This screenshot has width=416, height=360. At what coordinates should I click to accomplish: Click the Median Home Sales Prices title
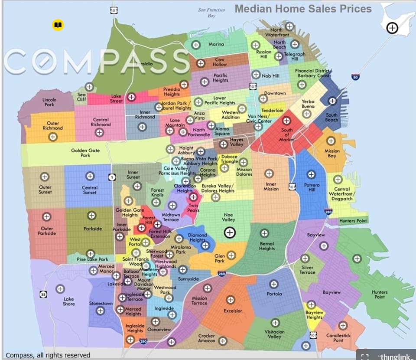303,9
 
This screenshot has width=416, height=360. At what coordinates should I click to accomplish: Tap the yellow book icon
58,25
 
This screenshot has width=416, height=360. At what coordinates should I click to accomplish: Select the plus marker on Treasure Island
392,28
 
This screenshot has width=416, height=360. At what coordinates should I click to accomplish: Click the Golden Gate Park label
85,153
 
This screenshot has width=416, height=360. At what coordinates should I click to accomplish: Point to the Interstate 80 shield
355,77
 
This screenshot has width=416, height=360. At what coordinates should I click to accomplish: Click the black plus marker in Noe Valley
230,233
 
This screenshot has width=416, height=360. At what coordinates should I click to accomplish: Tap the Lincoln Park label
49,102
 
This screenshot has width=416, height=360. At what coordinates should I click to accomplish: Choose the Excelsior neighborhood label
233,311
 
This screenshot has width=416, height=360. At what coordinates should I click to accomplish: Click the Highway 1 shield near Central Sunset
112,177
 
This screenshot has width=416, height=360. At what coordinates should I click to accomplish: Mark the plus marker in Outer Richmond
53,137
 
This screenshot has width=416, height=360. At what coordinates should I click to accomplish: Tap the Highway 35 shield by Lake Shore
43,295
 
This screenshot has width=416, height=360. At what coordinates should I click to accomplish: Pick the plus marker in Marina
196,44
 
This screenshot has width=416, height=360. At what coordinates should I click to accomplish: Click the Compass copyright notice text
48,355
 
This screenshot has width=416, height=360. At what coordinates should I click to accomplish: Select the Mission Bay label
332,154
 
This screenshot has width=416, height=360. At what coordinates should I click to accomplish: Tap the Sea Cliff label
82,97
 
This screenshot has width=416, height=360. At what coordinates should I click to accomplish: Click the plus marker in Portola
273,284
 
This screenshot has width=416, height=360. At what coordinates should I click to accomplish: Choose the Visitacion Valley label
274,334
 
